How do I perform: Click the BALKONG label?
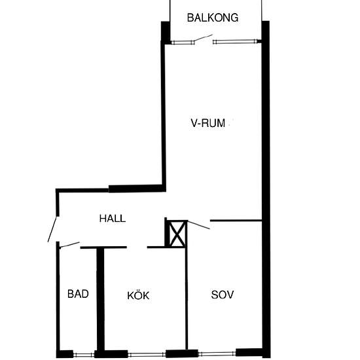[213, 18]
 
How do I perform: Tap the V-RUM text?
[207, 123]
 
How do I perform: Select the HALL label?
[113, 219]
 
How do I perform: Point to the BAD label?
[78, 294]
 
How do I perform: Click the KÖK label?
[138, 295]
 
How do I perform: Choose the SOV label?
[223, 295]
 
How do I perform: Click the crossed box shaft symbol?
[177, 234]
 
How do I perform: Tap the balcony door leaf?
[204, 38]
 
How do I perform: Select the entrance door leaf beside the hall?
[52, 229]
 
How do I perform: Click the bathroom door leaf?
[69, 245]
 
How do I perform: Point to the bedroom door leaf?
[199, 225]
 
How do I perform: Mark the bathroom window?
[84, 355]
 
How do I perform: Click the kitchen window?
[147, 355]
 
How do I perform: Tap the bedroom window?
[217, 353]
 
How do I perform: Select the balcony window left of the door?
[183, 43]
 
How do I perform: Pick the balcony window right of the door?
[236, 41]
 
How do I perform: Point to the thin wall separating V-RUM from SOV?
[236, 221]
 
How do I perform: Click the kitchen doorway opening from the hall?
[137, 247]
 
